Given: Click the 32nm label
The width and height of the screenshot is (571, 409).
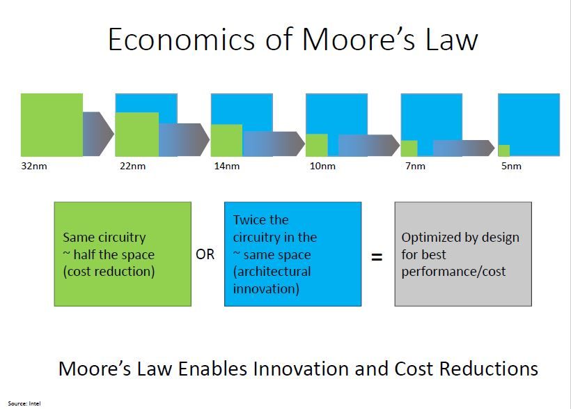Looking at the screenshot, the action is (34, 166).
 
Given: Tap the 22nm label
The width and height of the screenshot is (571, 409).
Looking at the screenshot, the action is (132, 166).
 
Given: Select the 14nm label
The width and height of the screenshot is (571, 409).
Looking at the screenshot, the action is (227, 166).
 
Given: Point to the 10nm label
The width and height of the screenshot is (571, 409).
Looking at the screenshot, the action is (322, 166).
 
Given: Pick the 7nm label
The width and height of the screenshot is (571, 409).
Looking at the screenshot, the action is (415, 166).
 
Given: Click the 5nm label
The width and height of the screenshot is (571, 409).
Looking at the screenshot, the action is (511, 166).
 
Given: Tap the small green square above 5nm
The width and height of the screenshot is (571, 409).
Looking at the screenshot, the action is (503, 151).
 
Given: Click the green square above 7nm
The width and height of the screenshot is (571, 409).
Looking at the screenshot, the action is (409, 148).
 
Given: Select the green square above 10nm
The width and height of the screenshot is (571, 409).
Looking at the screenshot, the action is (316, 145).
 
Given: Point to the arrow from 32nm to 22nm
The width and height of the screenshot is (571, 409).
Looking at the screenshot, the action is (98, 134).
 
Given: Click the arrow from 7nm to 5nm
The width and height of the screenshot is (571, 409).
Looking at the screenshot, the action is (464, 148).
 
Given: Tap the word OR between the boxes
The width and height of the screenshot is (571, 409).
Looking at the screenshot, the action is (205, 254).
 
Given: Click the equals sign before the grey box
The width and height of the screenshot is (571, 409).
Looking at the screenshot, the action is (377, 257).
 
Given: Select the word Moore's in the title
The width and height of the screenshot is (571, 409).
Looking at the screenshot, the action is (358, 39).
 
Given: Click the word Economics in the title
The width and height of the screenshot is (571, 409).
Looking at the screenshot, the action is (181, 39).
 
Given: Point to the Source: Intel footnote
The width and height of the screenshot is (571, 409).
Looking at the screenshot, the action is (24, 403).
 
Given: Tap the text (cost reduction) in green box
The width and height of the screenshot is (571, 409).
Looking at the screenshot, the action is (109, 272).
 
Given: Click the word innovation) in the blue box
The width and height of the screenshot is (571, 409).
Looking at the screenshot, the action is (266, 288).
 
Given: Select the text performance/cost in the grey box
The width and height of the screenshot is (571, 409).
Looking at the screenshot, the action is (453, 272).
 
